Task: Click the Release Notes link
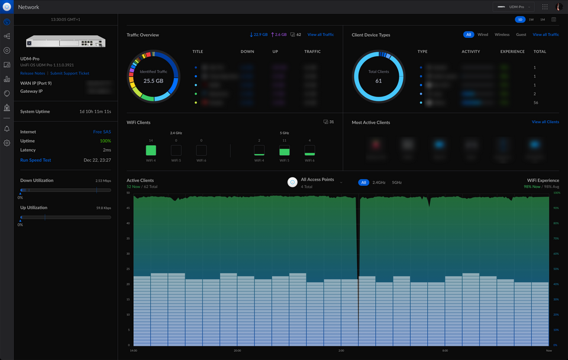coord(33,73)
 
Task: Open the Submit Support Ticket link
coord(70,73)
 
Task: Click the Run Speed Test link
coord(35,160)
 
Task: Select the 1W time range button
coord(531,20)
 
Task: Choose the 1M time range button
coord(543,20)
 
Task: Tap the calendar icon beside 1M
coord(554,20)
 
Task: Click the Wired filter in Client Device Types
coord(483,35)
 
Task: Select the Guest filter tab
coord(521,35)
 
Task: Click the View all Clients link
coord(545,122)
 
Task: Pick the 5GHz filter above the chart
coord(396,182)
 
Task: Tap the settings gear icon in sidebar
coord(7,143)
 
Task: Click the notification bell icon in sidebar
coord(7,128)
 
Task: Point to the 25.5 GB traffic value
coord(153,81)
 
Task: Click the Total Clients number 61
coord(379,81)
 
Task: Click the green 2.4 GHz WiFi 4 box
coord(151,150)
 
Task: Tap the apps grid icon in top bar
coord(545,7)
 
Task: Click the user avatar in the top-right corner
coord(559,7)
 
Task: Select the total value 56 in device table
coord(535,102)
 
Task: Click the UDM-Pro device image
coord(66,41)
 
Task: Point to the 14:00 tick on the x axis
coord(134,351)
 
